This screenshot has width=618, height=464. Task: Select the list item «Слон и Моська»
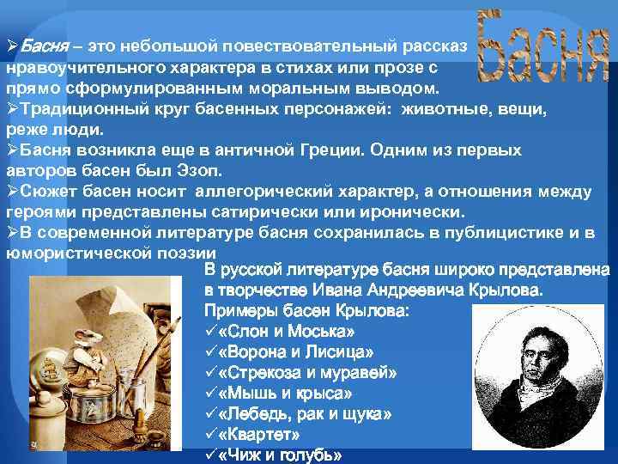point(275,332)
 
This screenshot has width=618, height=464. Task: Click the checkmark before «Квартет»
point(211,435)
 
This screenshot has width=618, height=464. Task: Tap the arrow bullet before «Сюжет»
point(12,190)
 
